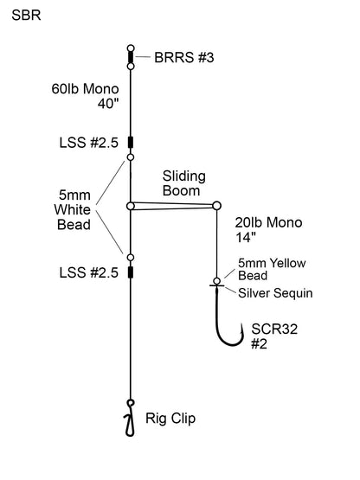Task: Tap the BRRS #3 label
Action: [184, 58]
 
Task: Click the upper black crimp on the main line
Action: [130, 143]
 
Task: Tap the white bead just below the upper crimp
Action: [130, 157]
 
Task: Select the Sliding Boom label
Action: [183, 182]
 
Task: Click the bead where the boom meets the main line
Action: [130, 206]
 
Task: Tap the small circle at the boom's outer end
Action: [215, 206]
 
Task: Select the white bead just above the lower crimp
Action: [130, 257]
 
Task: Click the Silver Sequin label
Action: [275, 293]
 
